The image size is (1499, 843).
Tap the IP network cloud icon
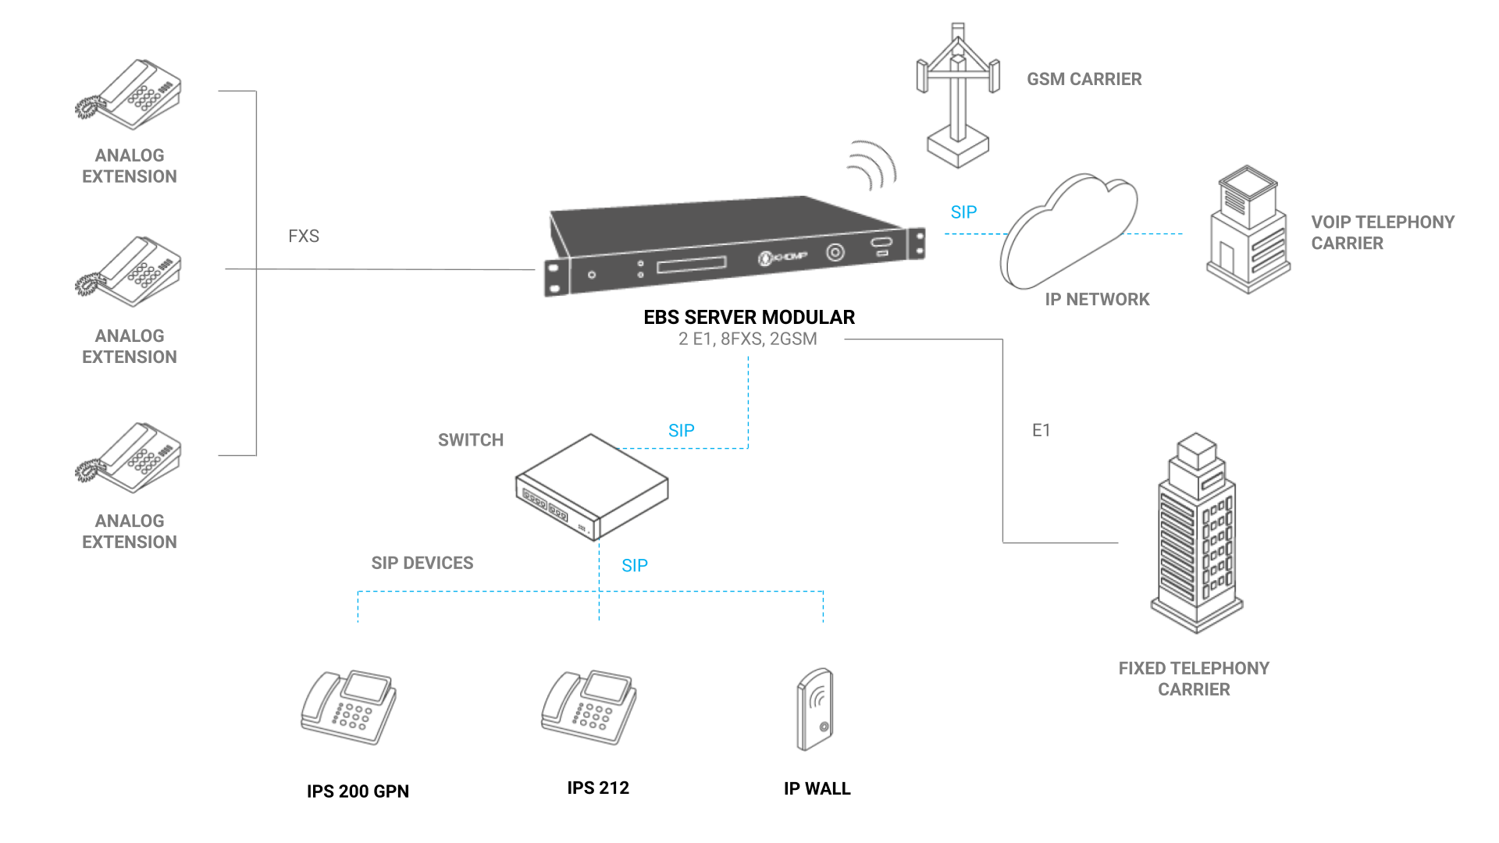click(x=1068, y=231)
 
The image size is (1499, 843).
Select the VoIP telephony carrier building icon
click(x=1248, y=229)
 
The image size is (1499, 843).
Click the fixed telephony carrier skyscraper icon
click(x=1196, y=532)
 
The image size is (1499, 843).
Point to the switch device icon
click(x=592, y=487)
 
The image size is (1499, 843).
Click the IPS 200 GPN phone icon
click(x=349, y=707)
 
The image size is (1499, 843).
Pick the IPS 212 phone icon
click(x=589, y=707)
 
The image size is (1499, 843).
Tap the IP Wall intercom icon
click(x=815, y=709)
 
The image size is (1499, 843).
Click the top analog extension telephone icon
click(x=129, y=94)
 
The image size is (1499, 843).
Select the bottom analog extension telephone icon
click(x=129, y=457)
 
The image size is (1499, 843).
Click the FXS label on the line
click(x=304, y=237)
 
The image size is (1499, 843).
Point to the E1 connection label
click(x=1041, y=430)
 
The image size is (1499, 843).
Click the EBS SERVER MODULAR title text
click(x=749, y=318)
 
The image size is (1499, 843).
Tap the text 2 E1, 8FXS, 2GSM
click(x=748, y=340)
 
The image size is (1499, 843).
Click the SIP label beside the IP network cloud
click(x=964, y=212)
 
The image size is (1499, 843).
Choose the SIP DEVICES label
click(x=422, y=564)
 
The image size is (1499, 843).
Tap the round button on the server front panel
click(x=835, y=252)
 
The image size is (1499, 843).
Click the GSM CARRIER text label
click(x=1084, y=80)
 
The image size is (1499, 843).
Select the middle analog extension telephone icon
click(x=129, y=272)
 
